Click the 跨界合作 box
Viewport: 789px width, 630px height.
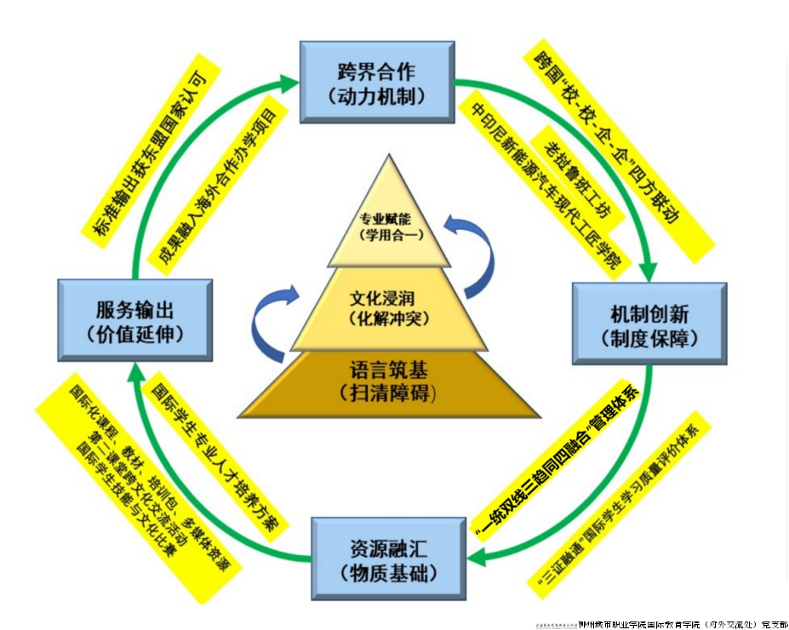pyautogui.click(x=377, y=81)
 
